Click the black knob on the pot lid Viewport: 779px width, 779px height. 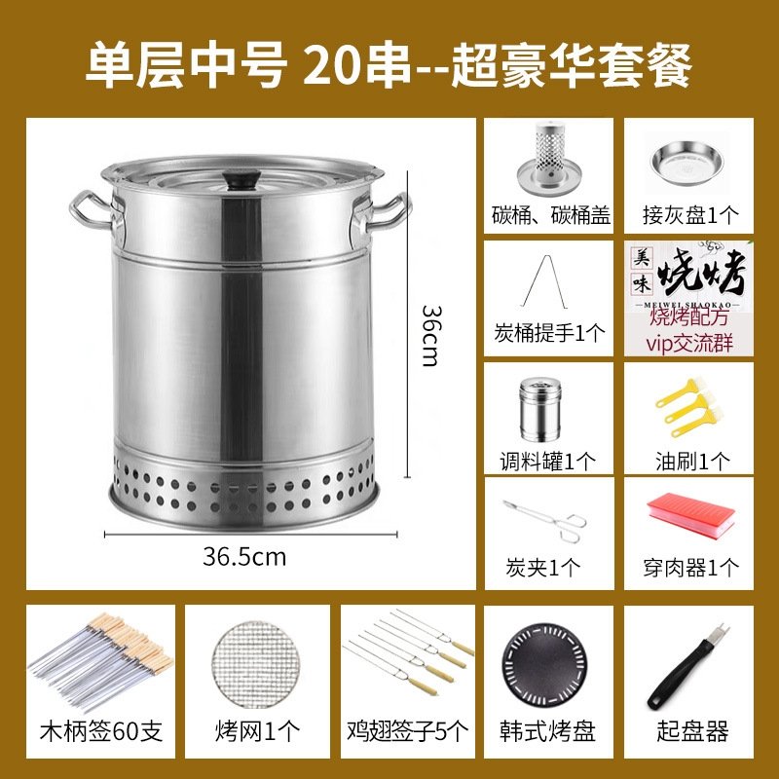coord(241,179)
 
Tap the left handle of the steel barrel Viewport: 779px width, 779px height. coord(92,210)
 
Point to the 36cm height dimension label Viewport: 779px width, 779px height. coord(430,336)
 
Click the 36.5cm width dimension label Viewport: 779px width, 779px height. coord(244,557)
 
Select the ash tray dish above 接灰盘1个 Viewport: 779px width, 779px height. coord(687,163)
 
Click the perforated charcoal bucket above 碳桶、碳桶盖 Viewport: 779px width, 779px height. coord(548,159)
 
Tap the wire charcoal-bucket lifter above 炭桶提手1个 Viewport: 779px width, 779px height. coord(544,281)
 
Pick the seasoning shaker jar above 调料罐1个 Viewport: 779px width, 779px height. coord(540,410)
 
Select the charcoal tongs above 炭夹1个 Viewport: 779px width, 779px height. coord(545,520)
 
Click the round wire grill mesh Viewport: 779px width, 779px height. coord(256,667)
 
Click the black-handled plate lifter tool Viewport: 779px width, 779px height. coord(687,666)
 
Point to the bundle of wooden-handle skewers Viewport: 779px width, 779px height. coord(100,660)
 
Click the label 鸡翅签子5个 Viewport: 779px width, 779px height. coord(407,731)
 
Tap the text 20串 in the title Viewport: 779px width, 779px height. coord(357,65)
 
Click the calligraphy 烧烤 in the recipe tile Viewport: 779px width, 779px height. coord(702,273)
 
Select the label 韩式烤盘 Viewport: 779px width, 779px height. coord(547,731)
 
